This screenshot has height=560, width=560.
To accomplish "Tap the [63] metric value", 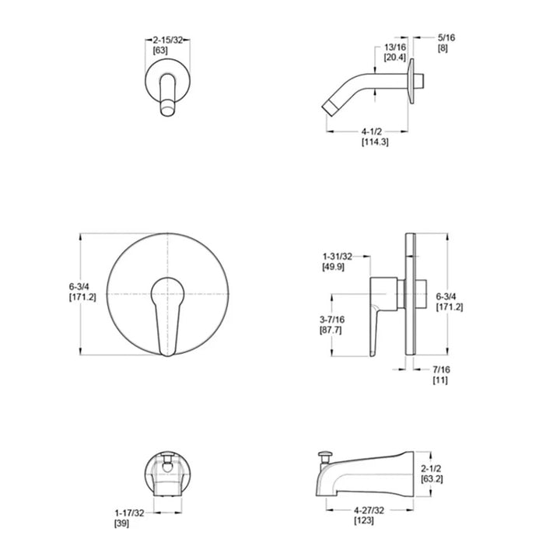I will pos(161,50).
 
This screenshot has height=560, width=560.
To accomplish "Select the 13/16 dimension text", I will pos(394,47).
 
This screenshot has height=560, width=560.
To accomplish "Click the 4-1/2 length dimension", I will pos(370,131).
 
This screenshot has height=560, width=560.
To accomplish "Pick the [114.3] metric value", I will pos(375,142).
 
